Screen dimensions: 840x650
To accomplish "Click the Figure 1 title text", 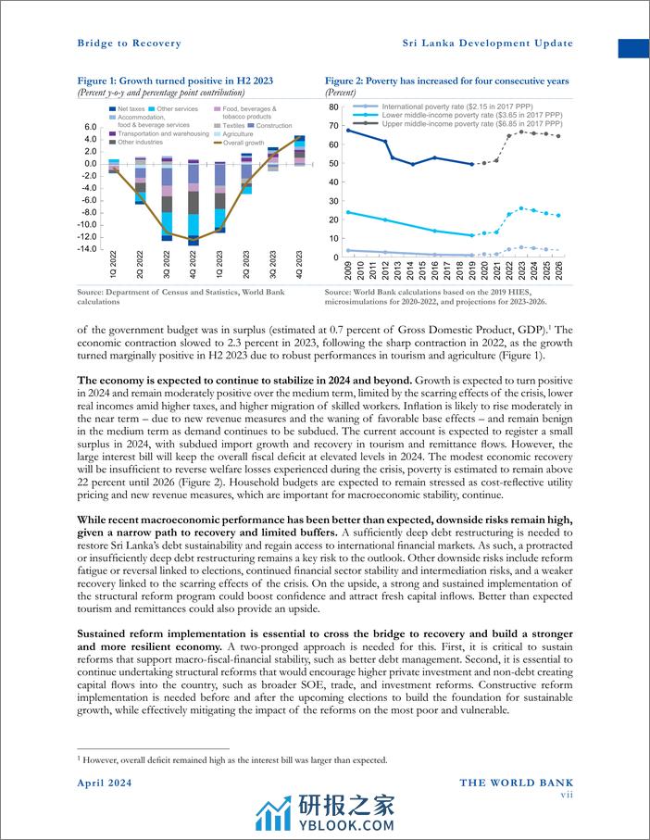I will click(175, 81).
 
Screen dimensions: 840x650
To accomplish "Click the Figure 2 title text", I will click(446, 81).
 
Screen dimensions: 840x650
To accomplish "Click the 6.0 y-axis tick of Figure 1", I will click(90, 127).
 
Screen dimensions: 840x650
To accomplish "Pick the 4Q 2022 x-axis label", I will click(194, 263).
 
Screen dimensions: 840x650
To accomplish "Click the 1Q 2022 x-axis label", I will click(114, 263).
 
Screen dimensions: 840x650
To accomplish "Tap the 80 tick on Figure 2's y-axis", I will click(334, 107).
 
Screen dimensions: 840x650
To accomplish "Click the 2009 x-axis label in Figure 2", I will click(347, 270).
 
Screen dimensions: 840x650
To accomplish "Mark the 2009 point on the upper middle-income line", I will click(347, 131).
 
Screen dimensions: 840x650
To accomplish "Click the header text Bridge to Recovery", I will click(129, 44).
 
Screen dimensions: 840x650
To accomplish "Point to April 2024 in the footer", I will click(104, 784).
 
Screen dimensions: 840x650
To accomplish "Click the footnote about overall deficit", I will click(231, 760).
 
